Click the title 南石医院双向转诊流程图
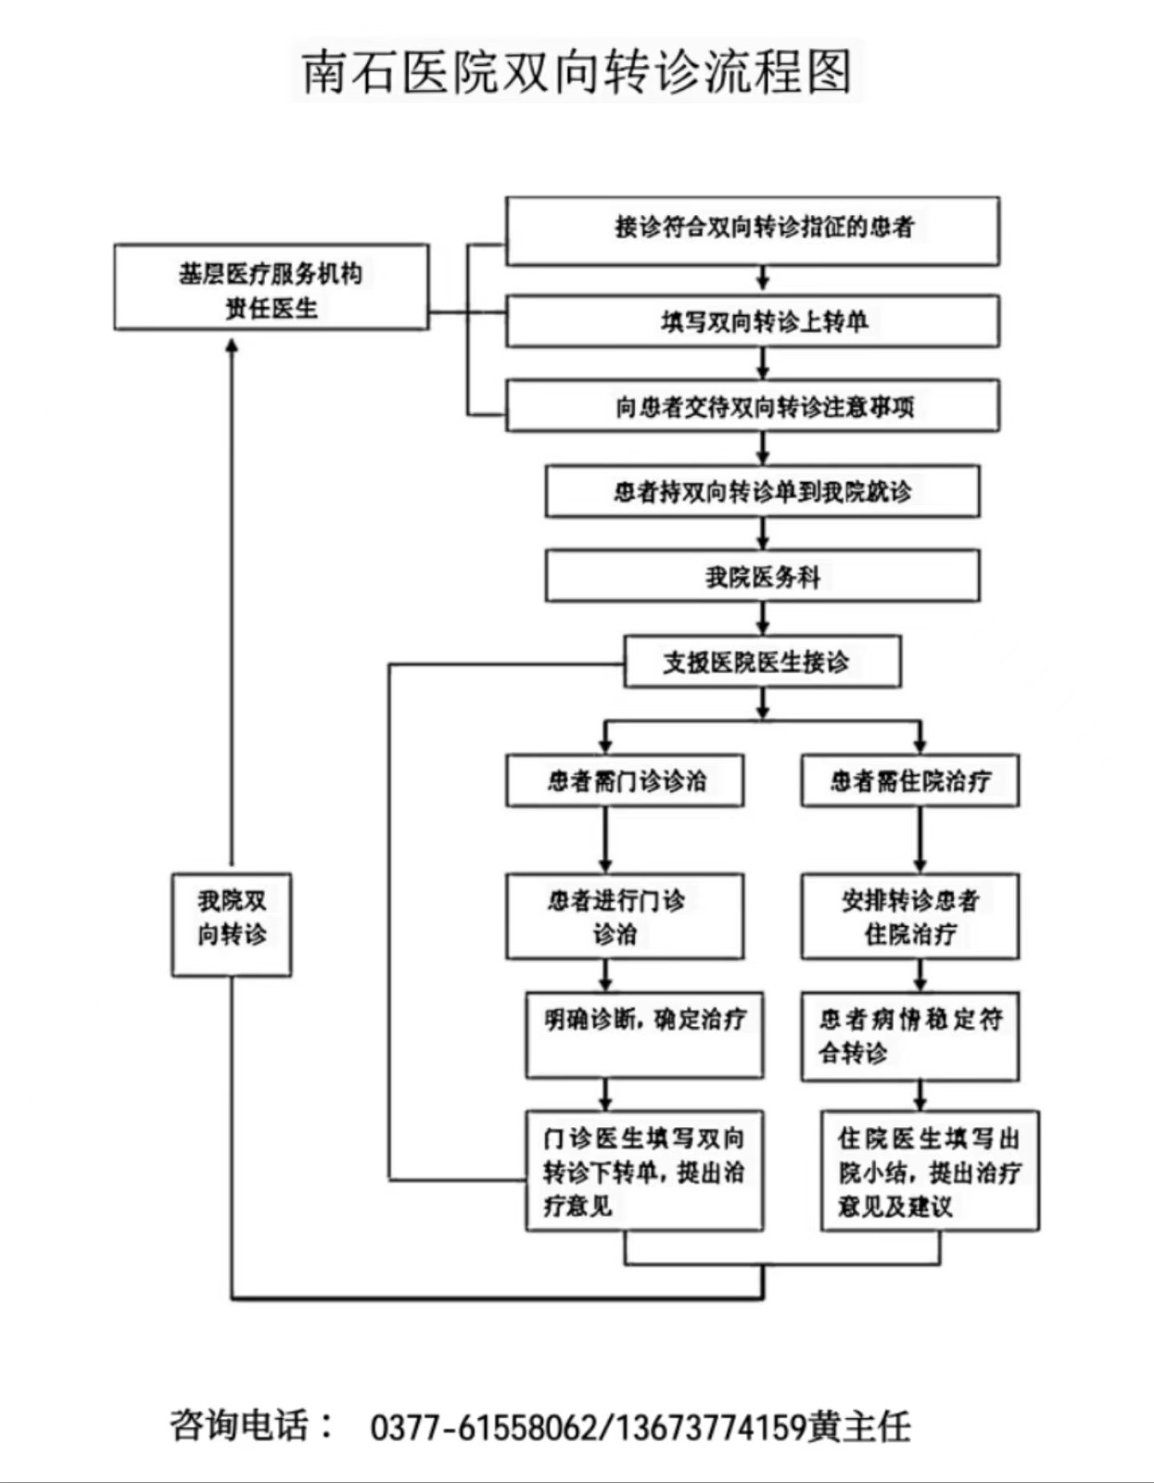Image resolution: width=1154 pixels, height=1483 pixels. click(577, 71)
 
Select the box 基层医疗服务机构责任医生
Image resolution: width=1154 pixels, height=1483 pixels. click(271, 287)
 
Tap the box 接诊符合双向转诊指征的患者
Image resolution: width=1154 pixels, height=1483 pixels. click(752, 229)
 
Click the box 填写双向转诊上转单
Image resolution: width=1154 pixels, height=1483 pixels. click(752, 322)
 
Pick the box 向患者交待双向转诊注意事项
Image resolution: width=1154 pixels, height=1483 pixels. click(752, 406)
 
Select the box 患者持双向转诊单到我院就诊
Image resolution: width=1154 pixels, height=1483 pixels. click(762, 491)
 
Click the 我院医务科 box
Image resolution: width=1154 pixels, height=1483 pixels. click(762, 577)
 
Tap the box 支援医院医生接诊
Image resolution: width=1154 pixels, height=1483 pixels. click(762, 662)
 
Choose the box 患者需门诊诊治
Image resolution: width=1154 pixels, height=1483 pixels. click(625, 781)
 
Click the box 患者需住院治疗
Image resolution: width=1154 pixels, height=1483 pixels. click(910, 781)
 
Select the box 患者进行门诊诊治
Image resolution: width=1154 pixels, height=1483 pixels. click(625, 916)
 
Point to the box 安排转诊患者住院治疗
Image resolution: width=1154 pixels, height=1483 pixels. click(910, 916)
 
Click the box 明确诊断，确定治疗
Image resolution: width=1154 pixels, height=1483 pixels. click(644, 1034)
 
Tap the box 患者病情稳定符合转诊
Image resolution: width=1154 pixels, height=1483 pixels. click(910, 1036)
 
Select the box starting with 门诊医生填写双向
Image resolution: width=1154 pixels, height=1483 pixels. click(644, 1171)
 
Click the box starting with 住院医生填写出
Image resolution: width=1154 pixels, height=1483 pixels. click(930, 1171)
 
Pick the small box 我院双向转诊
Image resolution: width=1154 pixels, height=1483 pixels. click(232, 924)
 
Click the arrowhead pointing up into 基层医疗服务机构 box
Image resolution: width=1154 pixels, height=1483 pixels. click(232, 345)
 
